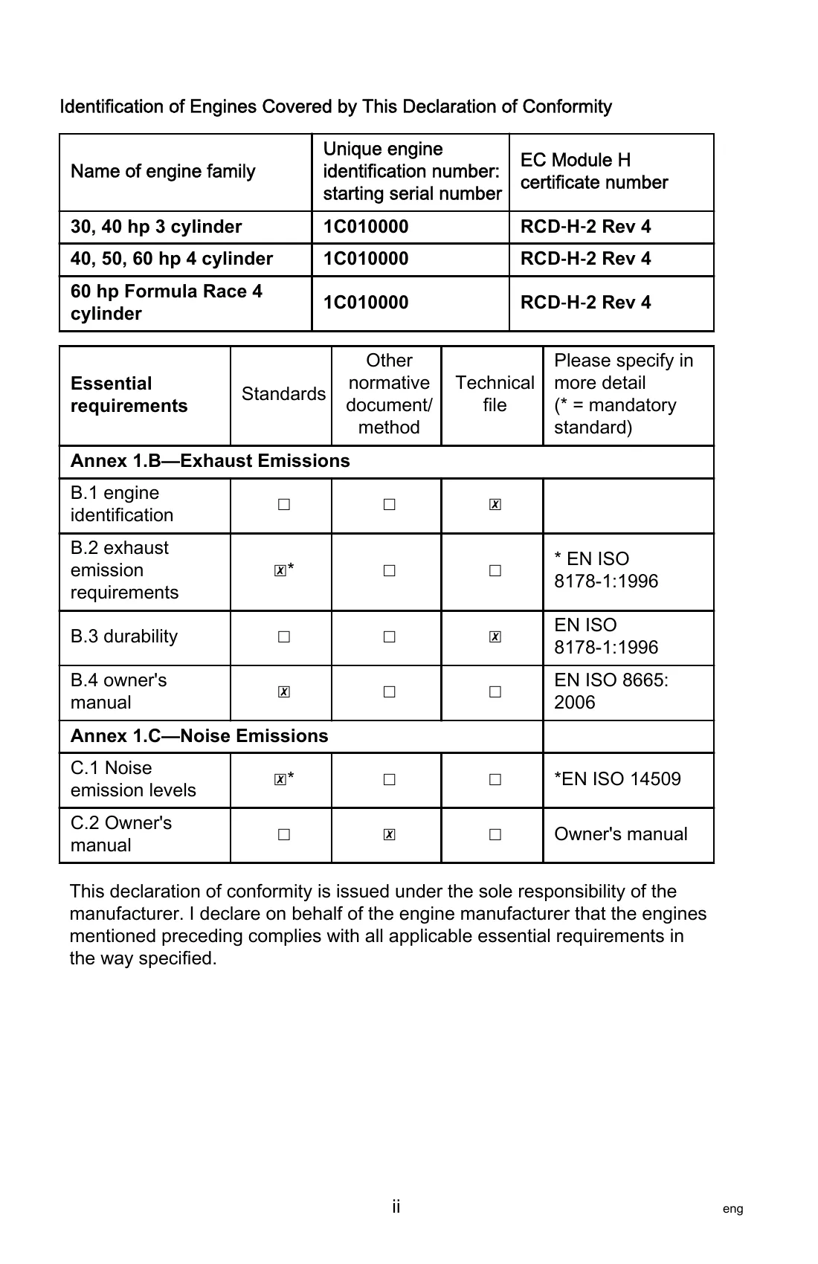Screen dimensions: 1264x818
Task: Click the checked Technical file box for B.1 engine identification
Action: [x=495, y=505]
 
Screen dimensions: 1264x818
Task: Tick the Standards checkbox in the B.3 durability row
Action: [x=283, y=637]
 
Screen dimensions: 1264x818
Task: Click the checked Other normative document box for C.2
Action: [x=389, y=835]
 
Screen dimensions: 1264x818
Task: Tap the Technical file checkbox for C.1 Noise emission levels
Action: [x=495, y=780]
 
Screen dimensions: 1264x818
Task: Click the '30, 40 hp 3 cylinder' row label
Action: [x=156, y=227]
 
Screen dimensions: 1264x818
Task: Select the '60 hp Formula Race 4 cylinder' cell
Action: [x=167, y=303]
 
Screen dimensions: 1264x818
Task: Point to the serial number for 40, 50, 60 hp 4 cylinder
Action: [x=366, y=259]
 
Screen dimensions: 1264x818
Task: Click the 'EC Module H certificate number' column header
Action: [x=594, y=172]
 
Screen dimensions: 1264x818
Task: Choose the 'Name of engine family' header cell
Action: [x=163, y=172]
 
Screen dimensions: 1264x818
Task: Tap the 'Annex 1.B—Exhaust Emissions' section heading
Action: [x=210, y=461]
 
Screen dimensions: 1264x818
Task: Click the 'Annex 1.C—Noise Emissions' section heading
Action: [x=199, y=736]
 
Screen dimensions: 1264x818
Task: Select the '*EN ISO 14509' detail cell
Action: [x=617, y=779]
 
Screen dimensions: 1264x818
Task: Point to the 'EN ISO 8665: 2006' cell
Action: [x=611, y=691]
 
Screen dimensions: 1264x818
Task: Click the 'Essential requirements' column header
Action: [x=129, y=395]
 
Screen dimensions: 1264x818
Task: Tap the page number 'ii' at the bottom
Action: [x=396, y=1207]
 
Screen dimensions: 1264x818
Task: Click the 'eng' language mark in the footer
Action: [x=732, y=1209]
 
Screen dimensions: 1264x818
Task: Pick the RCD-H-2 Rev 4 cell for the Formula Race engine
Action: [x=586, y=303]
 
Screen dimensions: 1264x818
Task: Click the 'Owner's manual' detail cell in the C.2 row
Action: [x=621, y=834]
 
